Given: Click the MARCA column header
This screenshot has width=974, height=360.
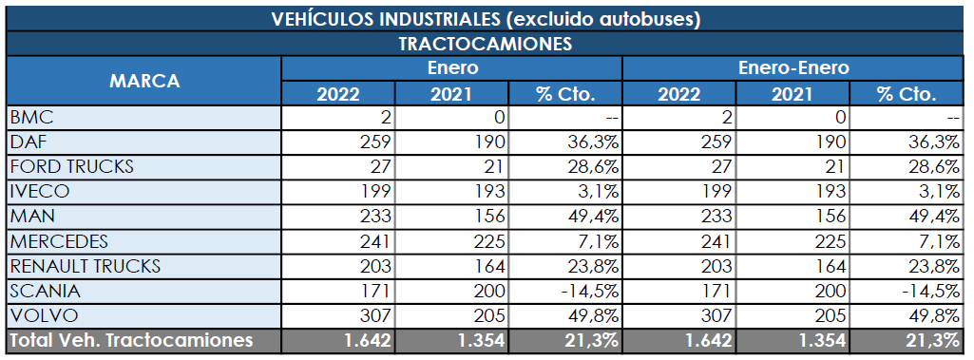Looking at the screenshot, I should [x=144, y=81].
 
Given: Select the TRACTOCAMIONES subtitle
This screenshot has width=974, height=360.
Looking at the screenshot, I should [x=485, y=44].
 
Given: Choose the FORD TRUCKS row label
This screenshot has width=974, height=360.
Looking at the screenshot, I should [x=71, y=166].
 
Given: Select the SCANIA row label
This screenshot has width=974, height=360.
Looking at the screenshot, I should [x=45, y=290].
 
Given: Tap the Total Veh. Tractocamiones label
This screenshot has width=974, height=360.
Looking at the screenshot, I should [x=131, y=340].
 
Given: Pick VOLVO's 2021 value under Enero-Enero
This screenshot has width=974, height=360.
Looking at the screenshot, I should [x=824, y=315].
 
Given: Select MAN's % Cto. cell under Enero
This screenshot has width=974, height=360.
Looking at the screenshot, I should [x=593, y=217].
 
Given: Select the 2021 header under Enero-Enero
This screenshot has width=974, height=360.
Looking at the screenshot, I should [x=793, y=93].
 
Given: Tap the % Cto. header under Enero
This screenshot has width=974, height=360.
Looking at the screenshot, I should [x=565, y=93].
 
